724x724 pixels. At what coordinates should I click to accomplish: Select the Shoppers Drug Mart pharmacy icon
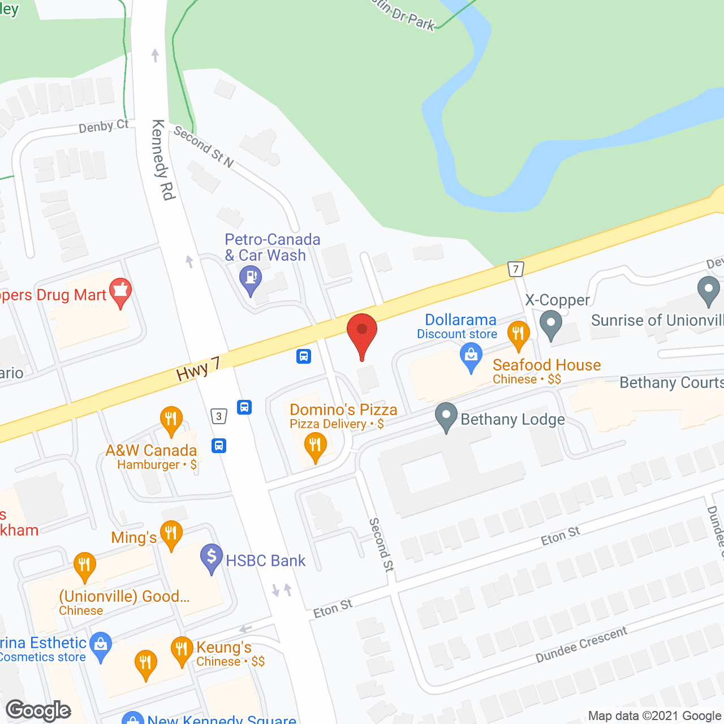tap(120, 292)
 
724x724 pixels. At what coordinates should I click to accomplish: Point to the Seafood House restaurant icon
tap(518, 334)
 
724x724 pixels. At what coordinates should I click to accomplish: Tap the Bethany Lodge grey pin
tap(446, 416)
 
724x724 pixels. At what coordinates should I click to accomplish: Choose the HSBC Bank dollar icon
tap(212, 557)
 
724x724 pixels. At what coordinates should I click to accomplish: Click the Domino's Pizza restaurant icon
tap(315, 446)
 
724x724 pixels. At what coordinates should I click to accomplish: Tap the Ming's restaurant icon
tap(171, 534)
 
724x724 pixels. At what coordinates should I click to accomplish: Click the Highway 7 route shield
tap(515, 269)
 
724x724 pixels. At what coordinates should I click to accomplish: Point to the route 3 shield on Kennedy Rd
tap(219, 416)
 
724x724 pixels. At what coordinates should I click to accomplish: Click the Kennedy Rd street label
tap(163, 160)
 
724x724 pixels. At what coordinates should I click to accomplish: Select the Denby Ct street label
tap(104, 126)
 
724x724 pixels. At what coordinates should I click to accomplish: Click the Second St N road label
tap(204, 147)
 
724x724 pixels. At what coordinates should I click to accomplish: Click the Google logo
tap(38, 710)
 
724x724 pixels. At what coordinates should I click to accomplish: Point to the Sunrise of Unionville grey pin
tap(708, 291)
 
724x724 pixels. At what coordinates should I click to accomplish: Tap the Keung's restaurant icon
tap(182, 650)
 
